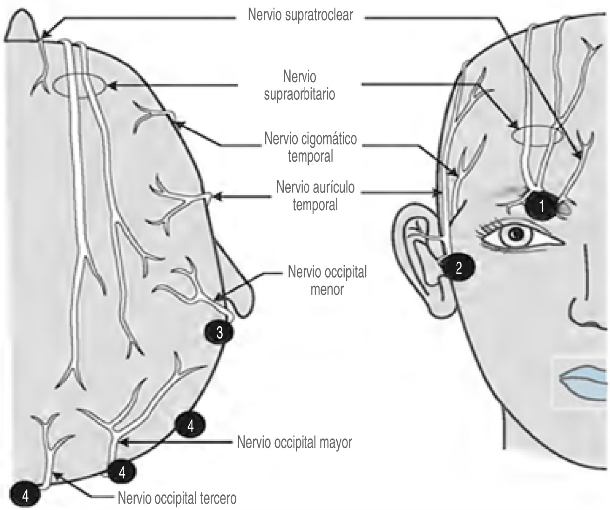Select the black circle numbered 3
click(x=220, y=333)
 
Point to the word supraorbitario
click(x=299, y=94)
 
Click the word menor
click(x=326, y=289)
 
